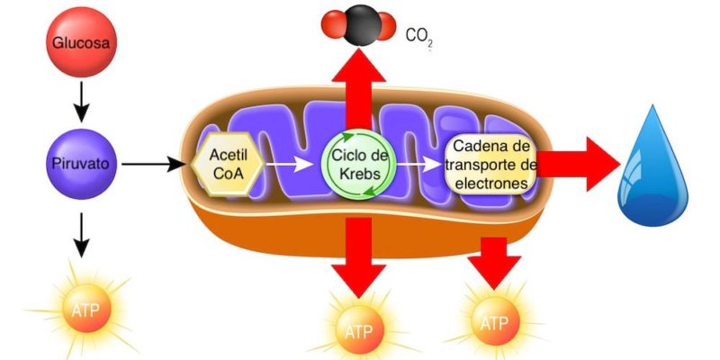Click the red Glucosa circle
[82, 41]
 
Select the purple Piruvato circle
[82, 165]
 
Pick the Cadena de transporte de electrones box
[492, 164]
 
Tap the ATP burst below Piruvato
[82, 310]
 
